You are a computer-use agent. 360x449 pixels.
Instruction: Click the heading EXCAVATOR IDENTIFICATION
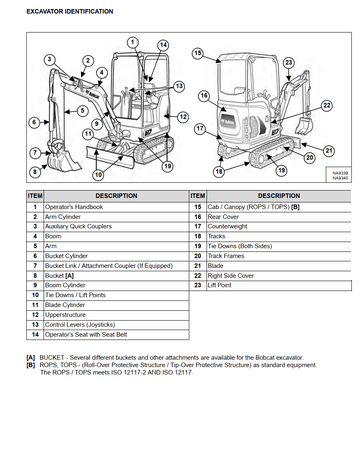(70, 12)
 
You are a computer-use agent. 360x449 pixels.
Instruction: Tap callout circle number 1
(133, 42)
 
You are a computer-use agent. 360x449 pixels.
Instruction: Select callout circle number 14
(163, 45)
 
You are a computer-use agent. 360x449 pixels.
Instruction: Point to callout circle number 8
(35, 172)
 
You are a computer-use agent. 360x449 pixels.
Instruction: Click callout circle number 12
(183, 117)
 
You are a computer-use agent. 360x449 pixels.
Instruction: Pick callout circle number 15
(198, 53)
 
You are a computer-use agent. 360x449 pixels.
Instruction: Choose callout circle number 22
(327, 106)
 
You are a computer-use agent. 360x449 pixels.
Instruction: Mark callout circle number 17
(200, 129)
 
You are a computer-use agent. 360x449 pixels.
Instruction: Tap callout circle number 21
(329, 151)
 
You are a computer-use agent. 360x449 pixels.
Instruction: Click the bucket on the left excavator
(62, 160)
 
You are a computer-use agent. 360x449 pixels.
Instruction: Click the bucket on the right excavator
(304, 125)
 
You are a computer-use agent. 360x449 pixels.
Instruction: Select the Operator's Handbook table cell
(116, 207)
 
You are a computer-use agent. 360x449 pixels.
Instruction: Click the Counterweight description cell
(279, 227)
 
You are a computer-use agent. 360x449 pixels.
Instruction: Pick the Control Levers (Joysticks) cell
(116, 325)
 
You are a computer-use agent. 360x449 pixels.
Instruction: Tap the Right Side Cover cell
(279, 276)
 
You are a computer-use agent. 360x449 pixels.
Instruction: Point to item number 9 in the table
(35, 285)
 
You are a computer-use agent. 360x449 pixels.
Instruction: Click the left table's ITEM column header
(35, 196)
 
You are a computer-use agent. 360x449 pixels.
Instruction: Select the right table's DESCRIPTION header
(279, 196)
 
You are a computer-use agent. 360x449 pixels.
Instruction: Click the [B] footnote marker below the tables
(31, 365)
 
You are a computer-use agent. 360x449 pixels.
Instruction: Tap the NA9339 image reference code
(340, 173)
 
